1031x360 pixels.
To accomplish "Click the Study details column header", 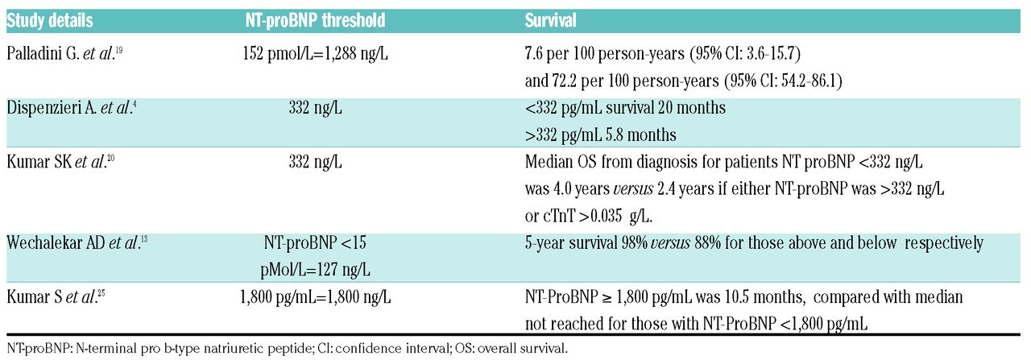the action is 50,21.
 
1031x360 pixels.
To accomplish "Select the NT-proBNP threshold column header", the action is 315,21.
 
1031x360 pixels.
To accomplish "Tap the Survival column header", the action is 550,21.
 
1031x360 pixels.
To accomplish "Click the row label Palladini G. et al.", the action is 64,53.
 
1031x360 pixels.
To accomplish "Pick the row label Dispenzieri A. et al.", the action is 72,108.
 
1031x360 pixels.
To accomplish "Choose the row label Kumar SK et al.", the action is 60,162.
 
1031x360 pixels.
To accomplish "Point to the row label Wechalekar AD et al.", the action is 77,242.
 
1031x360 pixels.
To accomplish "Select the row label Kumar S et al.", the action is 56,297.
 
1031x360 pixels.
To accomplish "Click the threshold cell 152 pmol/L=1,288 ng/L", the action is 315,54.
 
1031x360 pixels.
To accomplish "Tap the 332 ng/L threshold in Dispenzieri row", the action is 315,108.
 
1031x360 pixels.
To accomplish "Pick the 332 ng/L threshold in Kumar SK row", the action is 315,162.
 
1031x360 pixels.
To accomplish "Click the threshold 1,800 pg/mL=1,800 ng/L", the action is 315,297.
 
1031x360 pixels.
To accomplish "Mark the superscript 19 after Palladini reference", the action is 118,49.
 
